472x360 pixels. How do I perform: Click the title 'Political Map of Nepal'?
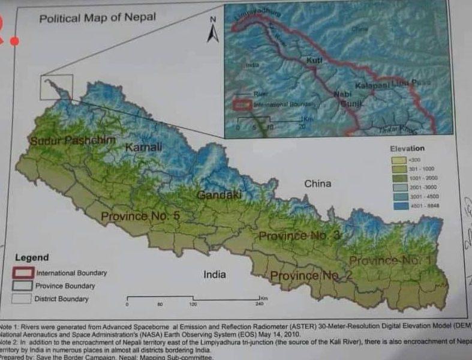pos(97,17)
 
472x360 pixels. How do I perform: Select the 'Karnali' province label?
pos(143,147)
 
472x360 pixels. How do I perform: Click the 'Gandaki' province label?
pos(219,195)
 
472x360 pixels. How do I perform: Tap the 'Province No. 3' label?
pos(299,236)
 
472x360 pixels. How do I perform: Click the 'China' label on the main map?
pos(317,184)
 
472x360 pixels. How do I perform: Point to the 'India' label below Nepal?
pos(215,274)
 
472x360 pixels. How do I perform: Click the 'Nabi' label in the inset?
pos(342,94)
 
